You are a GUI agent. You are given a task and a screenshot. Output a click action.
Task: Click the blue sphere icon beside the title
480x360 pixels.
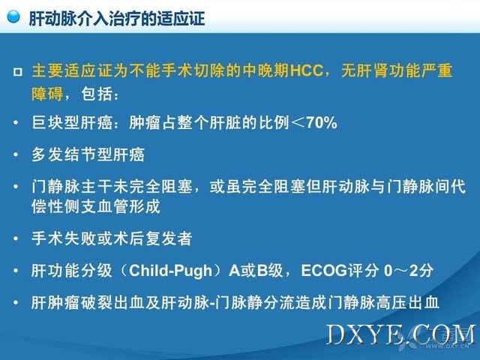tap(13, 16)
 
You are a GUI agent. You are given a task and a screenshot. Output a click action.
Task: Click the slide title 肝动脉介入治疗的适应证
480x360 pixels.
tap(117, 18)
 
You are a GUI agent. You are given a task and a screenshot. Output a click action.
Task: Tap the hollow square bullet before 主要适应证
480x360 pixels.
tap(18, 72)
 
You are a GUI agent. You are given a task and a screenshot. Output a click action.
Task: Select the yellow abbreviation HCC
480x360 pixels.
tap(307, 70)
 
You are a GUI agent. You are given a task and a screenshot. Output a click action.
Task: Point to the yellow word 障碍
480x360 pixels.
tap(47, 93)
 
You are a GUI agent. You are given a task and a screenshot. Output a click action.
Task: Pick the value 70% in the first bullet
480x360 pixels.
tap(322, 123)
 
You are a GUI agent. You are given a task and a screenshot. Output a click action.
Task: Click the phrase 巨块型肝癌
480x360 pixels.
tap(72, 123)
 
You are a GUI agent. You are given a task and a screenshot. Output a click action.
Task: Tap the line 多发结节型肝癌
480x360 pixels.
tap(88, 154)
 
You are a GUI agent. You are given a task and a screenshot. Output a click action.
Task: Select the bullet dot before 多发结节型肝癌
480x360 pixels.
tap(16, 154)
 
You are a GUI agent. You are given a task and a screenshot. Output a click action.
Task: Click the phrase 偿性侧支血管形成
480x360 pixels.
tap(96, 206)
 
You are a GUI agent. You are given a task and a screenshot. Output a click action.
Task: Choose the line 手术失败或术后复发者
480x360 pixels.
tap(112, 238)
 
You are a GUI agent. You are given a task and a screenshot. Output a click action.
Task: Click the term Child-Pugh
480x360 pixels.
tap(170, 271)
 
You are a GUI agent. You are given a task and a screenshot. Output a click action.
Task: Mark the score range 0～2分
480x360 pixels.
tap(409, 270)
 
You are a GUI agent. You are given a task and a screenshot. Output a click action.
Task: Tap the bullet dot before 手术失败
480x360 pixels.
tap(16, 238)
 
